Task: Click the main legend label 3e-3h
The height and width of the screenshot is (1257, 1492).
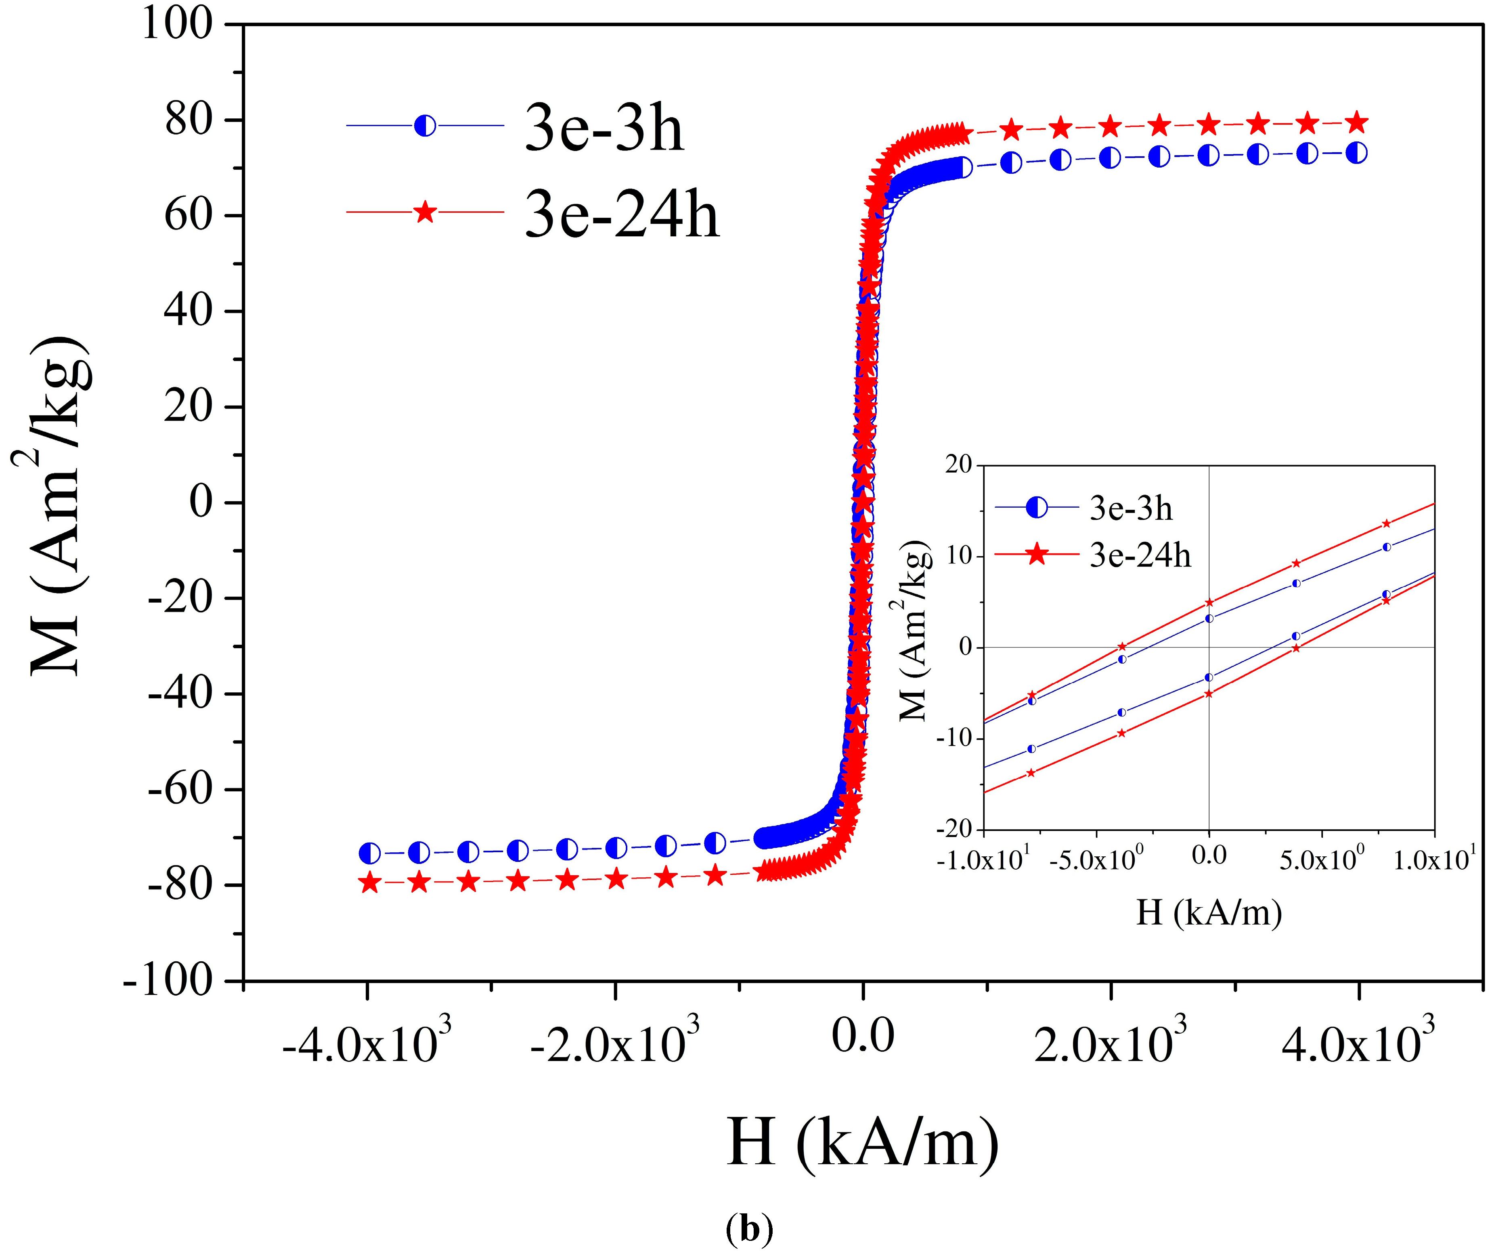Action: [x=604, y=129]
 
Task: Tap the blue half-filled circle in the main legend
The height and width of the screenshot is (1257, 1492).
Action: [x=425, y=126]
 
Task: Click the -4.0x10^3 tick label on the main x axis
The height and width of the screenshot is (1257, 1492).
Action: [x=367, y=1045]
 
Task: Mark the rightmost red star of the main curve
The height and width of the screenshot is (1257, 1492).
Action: [x=1358, y=122]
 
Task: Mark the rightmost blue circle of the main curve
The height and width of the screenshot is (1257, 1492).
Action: [x=1358, y=153]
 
